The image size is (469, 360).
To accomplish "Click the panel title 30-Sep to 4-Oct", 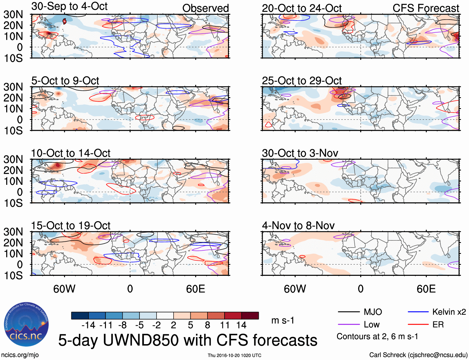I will [69, 6].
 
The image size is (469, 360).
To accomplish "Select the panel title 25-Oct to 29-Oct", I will [302, 81].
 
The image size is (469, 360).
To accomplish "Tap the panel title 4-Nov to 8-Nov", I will [298, 226].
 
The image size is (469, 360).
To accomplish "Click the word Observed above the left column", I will [205, 8].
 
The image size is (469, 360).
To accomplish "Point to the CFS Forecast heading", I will [426, 8].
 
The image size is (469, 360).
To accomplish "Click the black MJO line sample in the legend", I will [348, 312].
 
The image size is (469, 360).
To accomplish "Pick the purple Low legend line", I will [348, 325].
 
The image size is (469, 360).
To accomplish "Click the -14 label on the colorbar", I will [88, 325].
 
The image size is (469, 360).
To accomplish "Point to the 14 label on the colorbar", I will [241, 325].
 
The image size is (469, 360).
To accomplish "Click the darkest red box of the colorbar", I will [250, 316].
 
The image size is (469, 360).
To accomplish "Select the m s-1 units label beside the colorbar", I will [283, 320].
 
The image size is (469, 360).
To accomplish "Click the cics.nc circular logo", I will [26, 325].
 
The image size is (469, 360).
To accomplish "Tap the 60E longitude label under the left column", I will [195, 289].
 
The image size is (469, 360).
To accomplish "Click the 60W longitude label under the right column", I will [295, 289].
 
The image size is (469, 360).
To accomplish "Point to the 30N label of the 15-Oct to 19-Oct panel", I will [13, 232].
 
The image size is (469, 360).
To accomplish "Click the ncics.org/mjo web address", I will [20, 355].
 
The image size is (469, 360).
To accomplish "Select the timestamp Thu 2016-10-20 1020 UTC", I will [234, 355].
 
